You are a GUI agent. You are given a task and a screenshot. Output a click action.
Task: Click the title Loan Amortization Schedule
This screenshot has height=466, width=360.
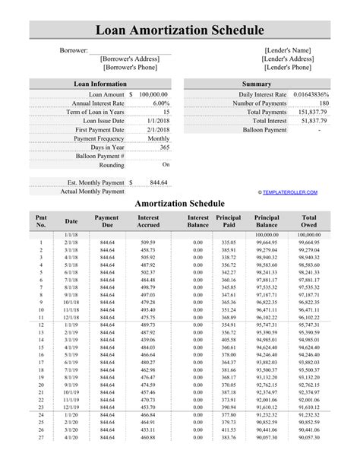(x=179, y=30)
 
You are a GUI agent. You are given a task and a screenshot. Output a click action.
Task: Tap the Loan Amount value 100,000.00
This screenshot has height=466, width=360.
(x=153, y=94)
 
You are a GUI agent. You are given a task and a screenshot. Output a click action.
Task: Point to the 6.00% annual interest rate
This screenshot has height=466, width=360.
(x=160, y=103)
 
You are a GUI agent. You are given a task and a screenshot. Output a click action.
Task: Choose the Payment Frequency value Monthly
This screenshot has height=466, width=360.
(x=158, y=138)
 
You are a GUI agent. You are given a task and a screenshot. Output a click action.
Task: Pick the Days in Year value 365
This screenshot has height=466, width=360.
(x=163, y=147)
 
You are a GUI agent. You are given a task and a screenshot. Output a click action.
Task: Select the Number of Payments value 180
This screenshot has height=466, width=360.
(x=324, y=103)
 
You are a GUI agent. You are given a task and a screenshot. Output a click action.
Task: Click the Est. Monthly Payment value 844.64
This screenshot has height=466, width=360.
(x=159, y=182)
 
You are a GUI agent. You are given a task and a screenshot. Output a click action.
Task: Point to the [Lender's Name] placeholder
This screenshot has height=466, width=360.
(x=287, y=49)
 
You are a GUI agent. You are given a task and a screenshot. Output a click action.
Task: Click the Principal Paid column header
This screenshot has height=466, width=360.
(x=228, y=222)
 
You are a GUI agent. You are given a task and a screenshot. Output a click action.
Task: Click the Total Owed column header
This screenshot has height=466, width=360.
(x=309, y=222)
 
